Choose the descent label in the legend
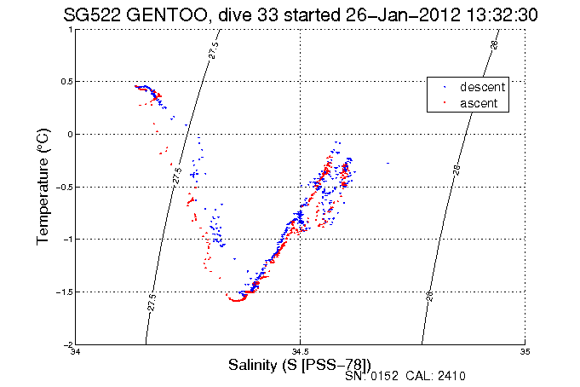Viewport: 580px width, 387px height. (483, 87)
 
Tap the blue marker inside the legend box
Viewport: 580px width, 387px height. (444, 87)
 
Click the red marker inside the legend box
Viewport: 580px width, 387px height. (444, 103)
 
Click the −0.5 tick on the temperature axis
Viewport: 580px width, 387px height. (64, 187)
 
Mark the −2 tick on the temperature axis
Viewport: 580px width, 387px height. (67, 344)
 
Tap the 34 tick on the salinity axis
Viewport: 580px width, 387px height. (77, 352)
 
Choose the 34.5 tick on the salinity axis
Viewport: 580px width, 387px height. (300, 352)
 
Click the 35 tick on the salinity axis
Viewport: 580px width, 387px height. (525, 352)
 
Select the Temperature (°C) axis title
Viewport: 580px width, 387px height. (43, 187)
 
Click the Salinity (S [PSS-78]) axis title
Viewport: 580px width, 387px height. (300, 365)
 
